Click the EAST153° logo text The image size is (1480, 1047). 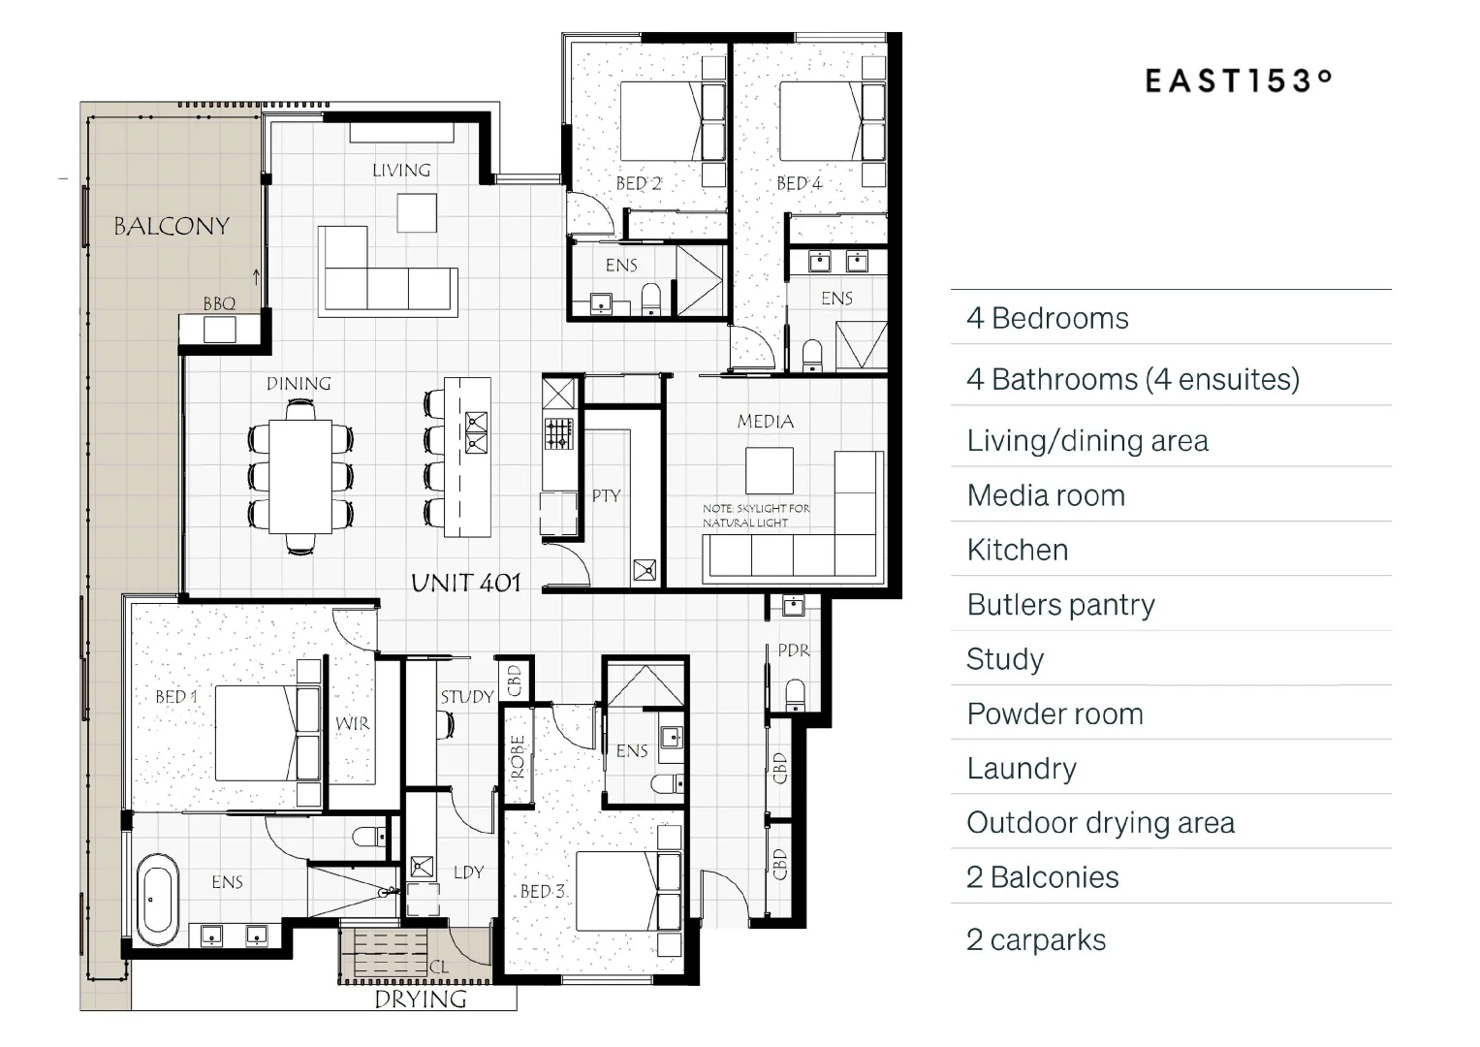click(1238, 80)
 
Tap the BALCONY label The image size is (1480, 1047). click(172, 227)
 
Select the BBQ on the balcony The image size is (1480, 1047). click(219, 329)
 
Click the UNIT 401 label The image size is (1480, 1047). click(466, 583)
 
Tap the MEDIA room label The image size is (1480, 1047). click(766, 422)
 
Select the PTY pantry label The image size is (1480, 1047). click(606, 495)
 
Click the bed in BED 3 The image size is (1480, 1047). click(626, 891)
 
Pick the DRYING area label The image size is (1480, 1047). click(421, 999)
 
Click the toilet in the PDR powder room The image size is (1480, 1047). click(795, 694)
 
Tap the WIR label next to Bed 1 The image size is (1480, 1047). click(352, 723)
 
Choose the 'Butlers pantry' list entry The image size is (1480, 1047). click(1061, 605)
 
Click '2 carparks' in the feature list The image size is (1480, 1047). click(1036, 939)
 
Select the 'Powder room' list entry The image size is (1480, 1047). click(1055, 714)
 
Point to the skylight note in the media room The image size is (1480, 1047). click(756, 515)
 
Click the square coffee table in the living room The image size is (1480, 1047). click(417, 212)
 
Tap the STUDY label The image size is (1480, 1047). click(467, 696)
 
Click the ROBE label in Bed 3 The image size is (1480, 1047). click(518, 756)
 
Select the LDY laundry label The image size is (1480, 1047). click(468, 872)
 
